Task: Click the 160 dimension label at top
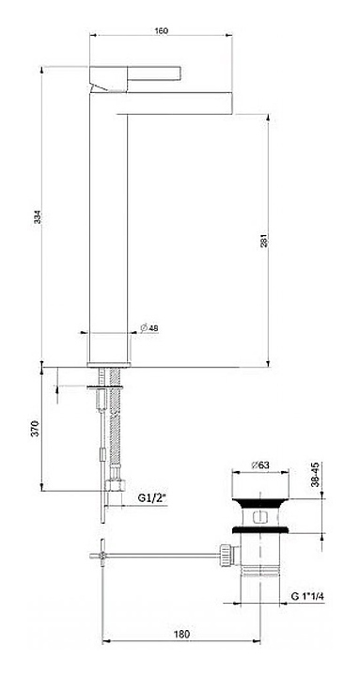click(161, 30)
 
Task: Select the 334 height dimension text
click(38, 216)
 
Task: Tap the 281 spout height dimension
click(264, 241)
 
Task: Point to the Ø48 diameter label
click(149, 328)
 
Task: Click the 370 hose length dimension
click(36, 428)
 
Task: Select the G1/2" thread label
click(152, 497)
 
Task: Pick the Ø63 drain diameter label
click(260, 465)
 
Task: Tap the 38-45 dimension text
click(315, 475)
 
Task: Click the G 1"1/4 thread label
click(307, 596)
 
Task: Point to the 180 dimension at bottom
click(182, 635)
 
